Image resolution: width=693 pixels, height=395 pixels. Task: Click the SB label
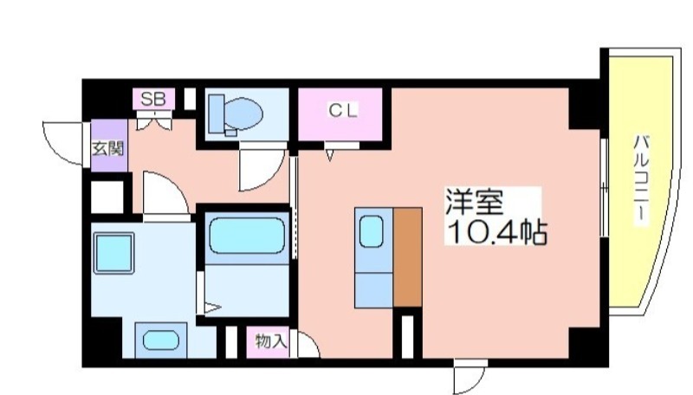tap(153, 99)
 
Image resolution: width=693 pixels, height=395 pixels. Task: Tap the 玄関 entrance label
tap(107, 149)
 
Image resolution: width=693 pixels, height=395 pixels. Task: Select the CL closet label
tap(342, 111)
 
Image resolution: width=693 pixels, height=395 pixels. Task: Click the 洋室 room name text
tap(474, 202)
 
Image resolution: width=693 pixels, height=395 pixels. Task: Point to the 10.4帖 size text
tap(497, 231)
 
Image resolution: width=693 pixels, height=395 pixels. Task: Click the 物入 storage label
tap(271, 341)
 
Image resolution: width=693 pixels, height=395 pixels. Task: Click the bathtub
tap(247, 236)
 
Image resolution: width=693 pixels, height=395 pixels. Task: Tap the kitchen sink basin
tap(372, 231)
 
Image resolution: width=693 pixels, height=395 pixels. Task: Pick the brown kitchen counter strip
tap(407, 257)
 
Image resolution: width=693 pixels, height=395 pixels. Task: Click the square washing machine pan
tap(113, 253)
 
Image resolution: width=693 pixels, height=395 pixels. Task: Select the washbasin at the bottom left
tap(160, 340)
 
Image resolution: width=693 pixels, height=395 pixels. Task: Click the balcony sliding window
tap(604, 188)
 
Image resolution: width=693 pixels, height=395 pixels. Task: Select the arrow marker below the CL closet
tap(330, 155)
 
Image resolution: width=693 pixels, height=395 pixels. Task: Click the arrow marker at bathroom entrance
tap(211, 308)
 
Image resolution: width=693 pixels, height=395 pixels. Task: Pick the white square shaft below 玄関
tap(107, 197)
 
